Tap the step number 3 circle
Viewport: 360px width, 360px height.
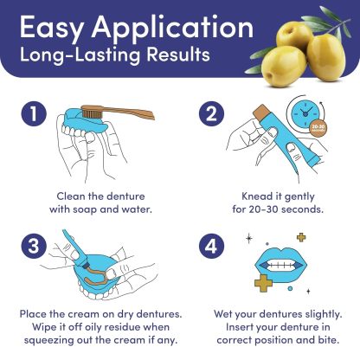32,246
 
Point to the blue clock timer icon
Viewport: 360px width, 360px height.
299,122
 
